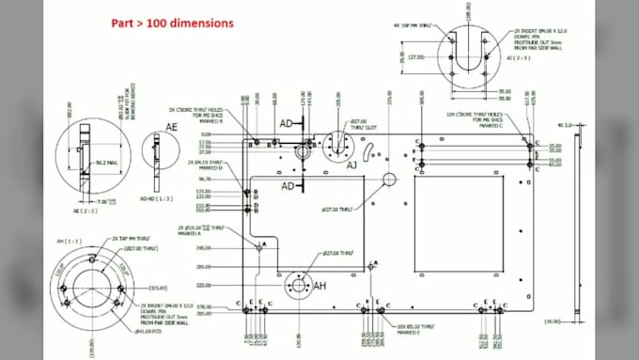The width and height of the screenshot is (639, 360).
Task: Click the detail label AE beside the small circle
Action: point(171,126)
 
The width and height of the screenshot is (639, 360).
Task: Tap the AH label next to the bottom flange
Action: point(319,286)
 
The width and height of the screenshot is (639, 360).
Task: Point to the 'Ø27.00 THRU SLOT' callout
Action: point(358,124)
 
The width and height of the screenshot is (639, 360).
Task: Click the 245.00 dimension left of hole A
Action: point(228,248)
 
